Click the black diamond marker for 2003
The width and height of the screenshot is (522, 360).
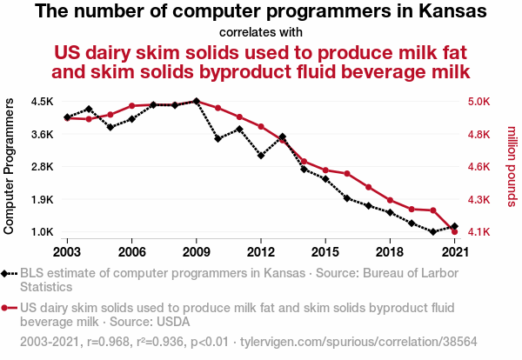[67, 117]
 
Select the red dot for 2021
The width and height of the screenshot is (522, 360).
[455, 232]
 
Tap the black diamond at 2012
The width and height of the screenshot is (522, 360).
[261, 156]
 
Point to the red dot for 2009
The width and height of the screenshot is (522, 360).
[197, 101]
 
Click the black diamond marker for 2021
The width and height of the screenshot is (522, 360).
[455, 226]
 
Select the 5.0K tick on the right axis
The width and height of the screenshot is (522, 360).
[483, 101]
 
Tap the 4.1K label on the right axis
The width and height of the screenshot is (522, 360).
[483, 232]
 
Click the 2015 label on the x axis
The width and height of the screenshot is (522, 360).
[325, 251]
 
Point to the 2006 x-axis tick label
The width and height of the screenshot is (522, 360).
[131, 251]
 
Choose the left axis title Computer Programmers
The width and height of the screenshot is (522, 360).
[10, 166]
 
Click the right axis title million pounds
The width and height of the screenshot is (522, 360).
[512, 166]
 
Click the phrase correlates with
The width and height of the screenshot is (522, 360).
[260, 33]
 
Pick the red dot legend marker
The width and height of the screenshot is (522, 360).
[10, 307]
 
